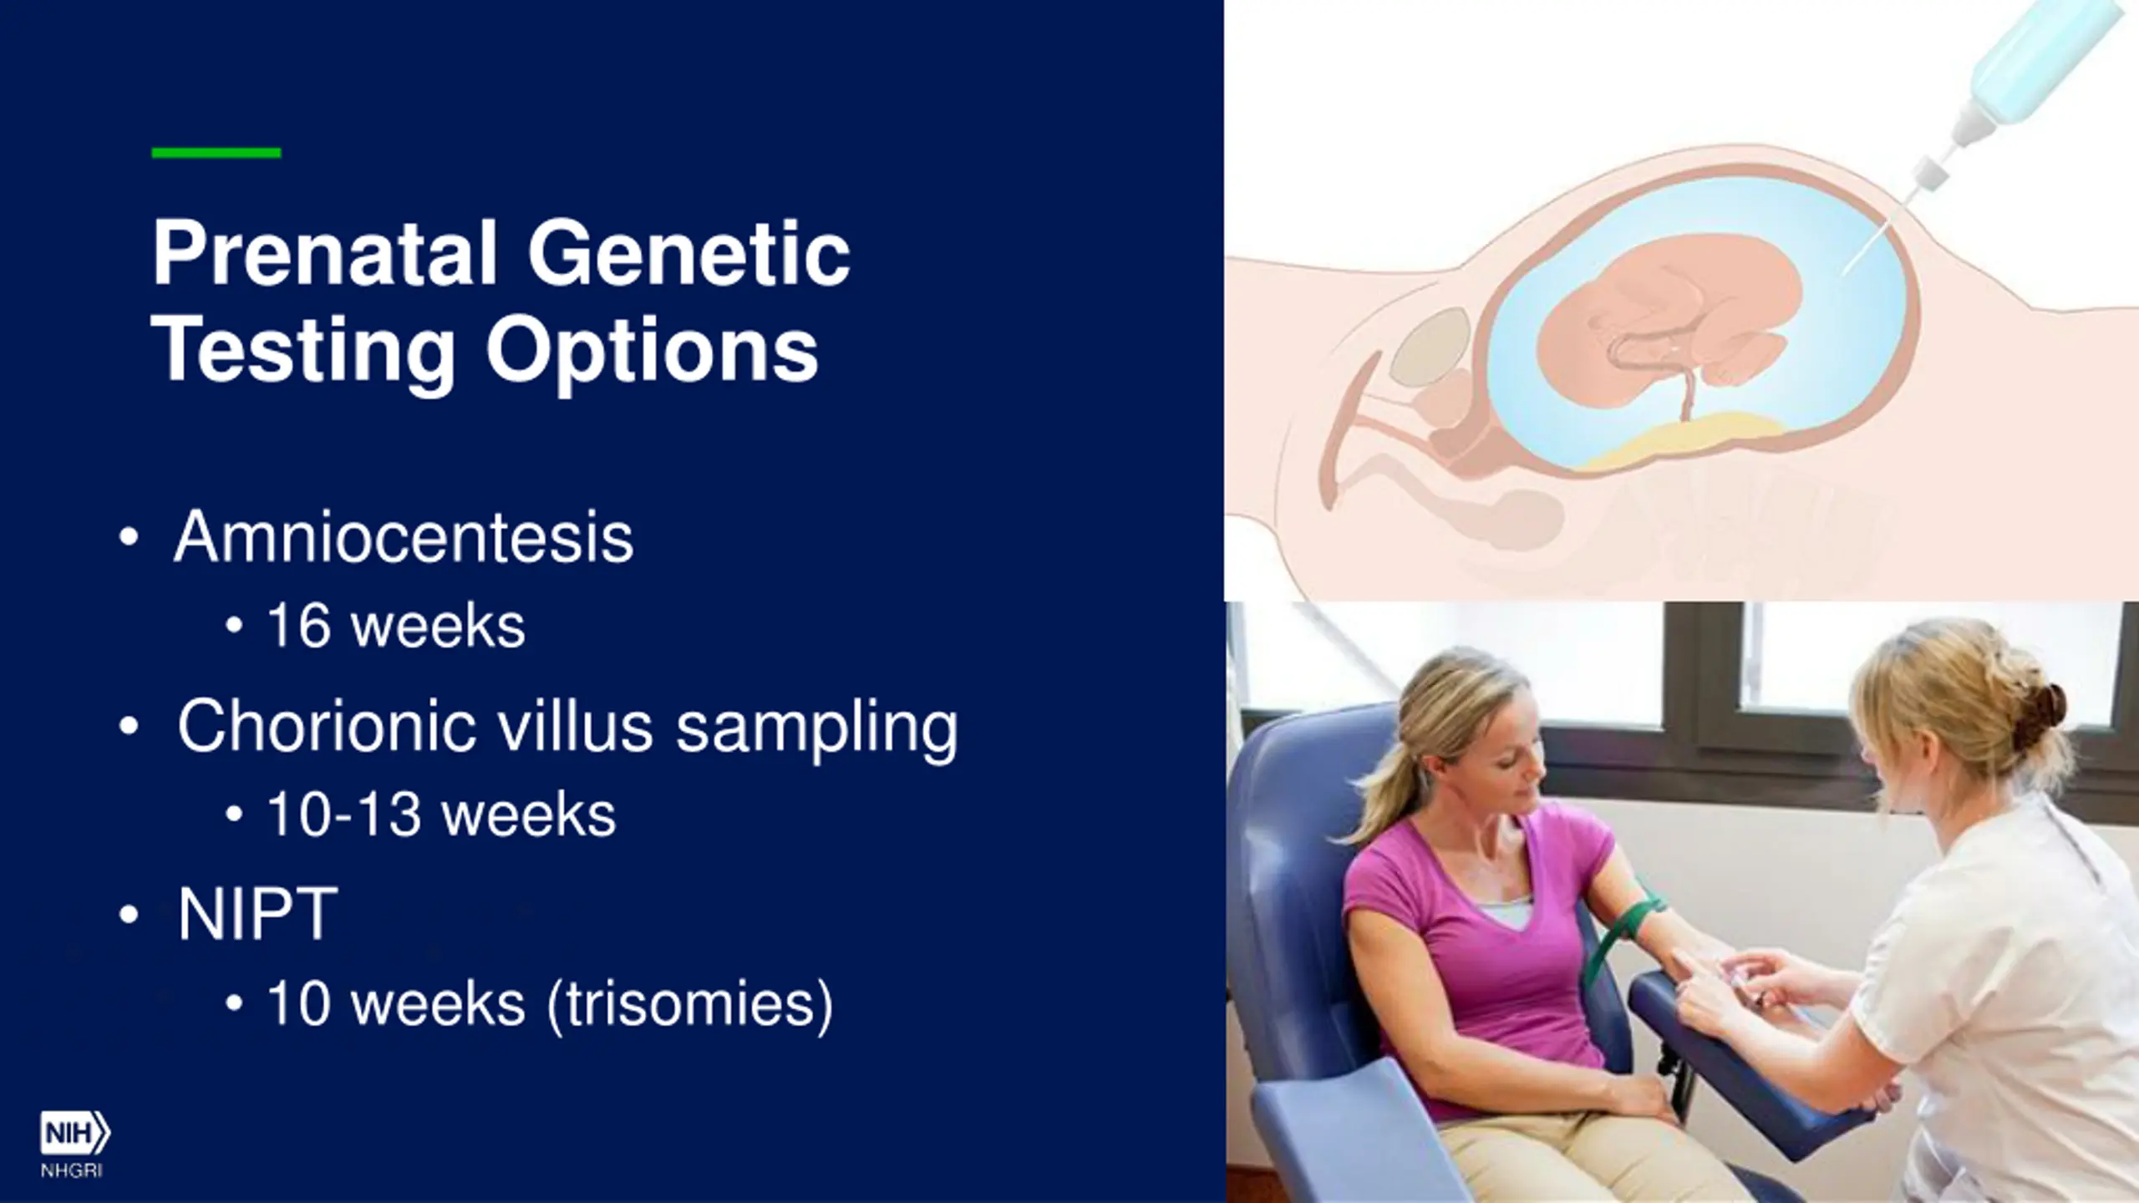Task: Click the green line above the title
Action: click(x=216, y=153)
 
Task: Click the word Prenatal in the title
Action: click(x=324, y=252)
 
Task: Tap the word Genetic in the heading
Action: click(x=689, y=252)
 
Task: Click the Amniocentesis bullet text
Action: click(x=404, y=536)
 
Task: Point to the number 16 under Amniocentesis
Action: click(x=298, y=626)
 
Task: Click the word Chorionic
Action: click(x=327, y=724)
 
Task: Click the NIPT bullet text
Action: click(x=257, y=914)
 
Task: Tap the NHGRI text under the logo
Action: click(x=72, y=1171)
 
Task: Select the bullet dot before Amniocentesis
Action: click(x=129, y=537)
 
